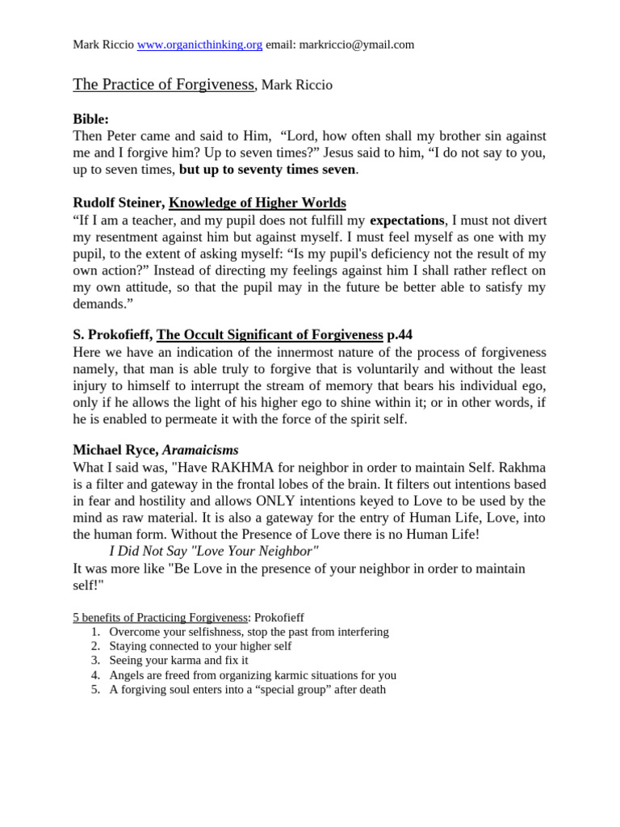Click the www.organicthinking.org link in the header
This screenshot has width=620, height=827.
199,45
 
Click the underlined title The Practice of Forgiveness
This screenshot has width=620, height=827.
164,85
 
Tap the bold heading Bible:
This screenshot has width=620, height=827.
90,119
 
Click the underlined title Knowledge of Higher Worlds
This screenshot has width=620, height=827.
257,203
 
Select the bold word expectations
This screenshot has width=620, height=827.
407,220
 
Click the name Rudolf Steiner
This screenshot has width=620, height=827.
118,203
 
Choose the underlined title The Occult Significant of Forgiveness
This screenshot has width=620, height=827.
270,335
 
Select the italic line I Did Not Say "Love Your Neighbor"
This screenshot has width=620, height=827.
214,551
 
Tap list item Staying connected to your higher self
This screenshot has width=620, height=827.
200,646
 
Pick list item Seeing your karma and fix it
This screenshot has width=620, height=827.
178,661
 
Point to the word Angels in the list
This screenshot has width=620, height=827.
126,675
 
